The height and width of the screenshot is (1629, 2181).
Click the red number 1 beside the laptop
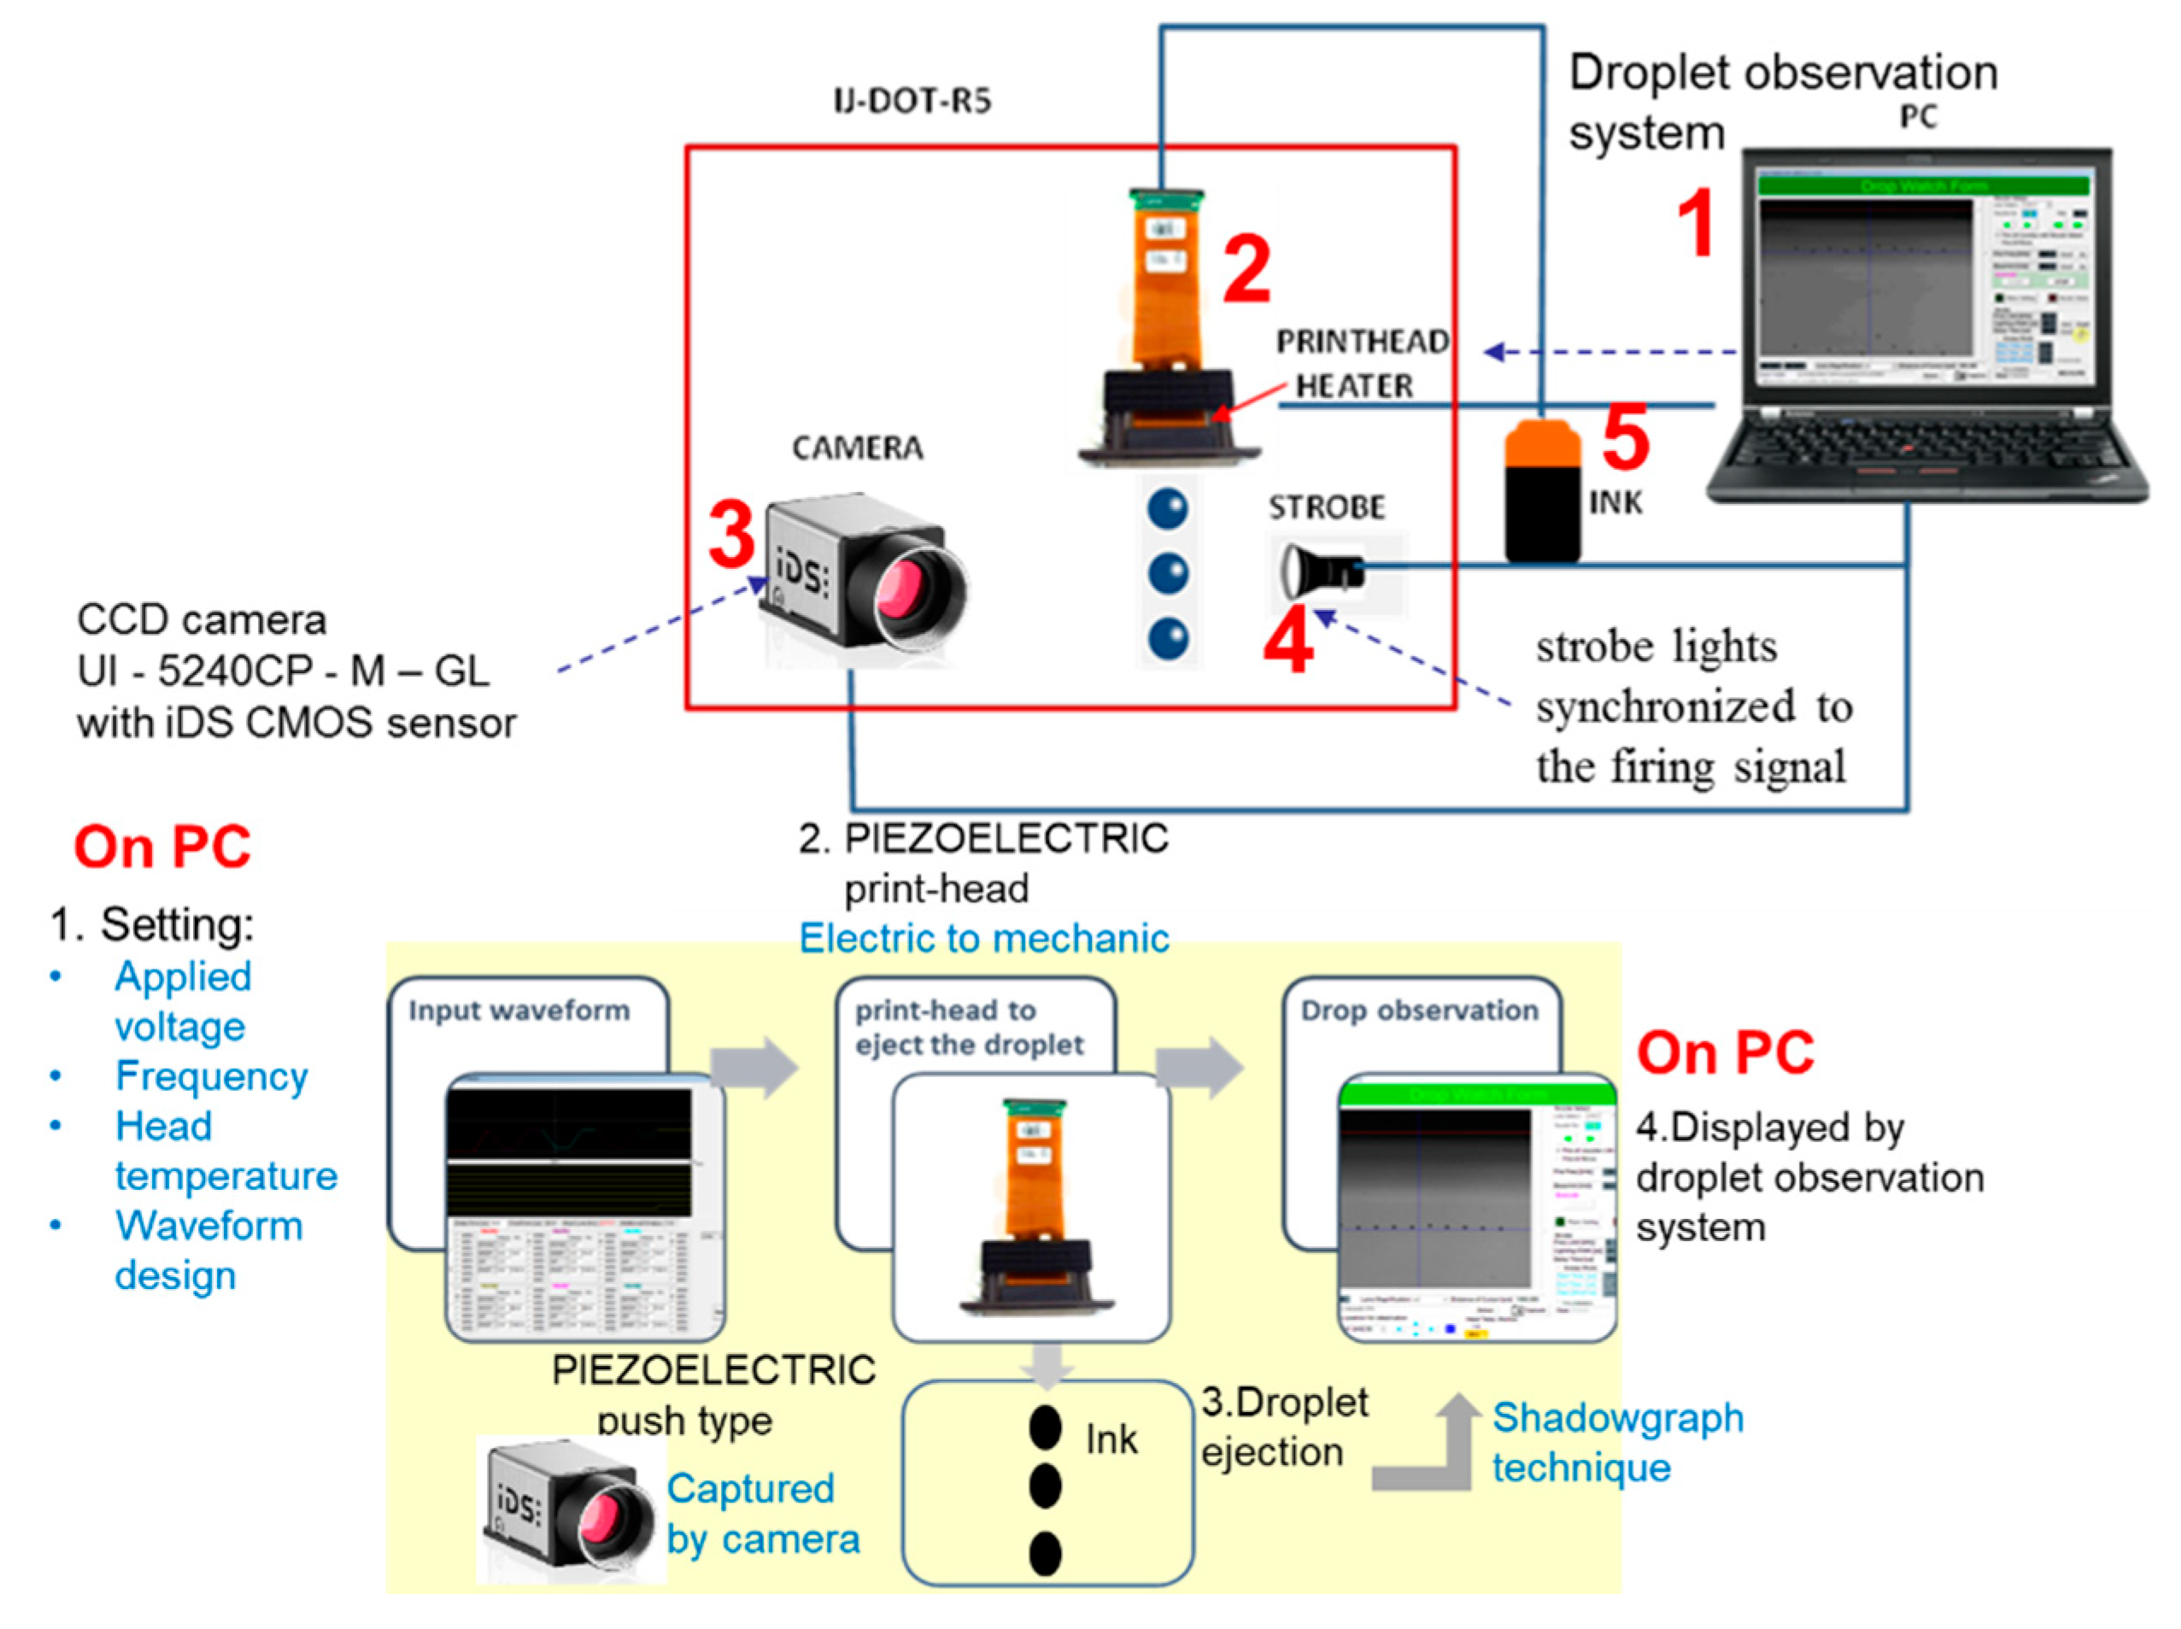(1695, 224)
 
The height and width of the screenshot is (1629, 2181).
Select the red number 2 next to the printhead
(1246, 269)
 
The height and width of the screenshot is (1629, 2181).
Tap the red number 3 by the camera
(731, 535)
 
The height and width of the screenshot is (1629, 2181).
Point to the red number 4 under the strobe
(1288, 641)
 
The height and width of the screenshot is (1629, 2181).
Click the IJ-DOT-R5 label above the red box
(912, 101)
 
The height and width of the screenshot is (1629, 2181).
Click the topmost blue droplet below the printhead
(1168, 509)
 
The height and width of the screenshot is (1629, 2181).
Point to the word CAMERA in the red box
(858, 448)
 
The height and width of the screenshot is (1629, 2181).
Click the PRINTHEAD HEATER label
(1361, 363)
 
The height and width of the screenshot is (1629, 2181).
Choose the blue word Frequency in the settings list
(211, 1075)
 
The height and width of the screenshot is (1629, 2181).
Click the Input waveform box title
(519, 1011)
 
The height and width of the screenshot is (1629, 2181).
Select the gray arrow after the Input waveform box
(754, 1067)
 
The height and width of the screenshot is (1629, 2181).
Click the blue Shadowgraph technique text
(1617, 1442)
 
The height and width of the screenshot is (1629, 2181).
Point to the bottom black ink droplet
(1045, 1554)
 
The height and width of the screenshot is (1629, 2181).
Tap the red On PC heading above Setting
(162, 847)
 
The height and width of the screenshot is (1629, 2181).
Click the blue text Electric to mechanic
(983, 938)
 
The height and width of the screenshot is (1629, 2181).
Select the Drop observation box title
(1419, 1011)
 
